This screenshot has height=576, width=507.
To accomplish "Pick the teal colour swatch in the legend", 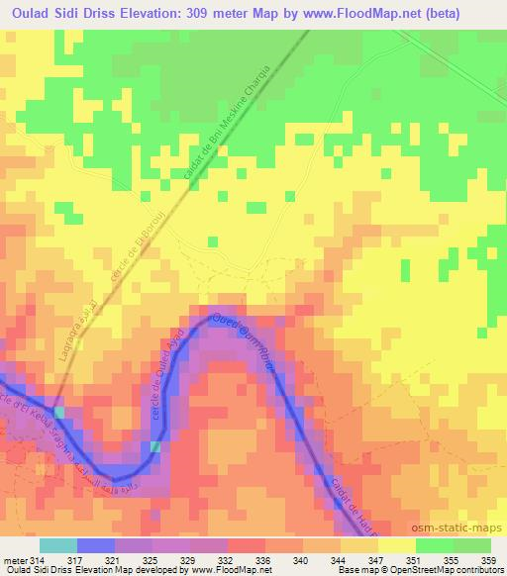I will (x=57, y=545).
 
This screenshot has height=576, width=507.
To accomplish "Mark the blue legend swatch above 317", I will (x=95, y=545).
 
